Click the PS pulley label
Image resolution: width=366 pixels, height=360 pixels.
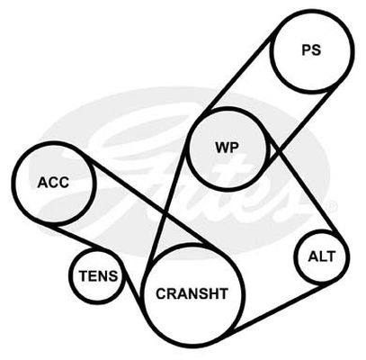click(x=311, y=50)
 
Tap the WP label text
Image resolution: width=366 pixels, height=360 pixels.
click(x=227, y=148)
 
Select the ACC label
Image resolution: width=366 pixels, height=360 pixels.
click(x=53, y=182)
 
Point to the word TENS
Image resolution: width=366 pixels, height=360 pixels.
click(x=98, y=275)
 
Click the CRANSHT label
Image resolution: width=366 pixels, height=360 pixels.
click(x=192, y=293)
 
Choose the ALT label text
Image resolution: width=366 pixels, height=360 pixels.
click(x=322, y=256)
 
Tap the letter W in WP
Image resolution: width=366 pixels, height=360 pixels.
click(x=222, y=148)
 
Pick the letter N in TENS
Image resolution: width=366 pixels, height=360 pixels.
click(x=103, y=275)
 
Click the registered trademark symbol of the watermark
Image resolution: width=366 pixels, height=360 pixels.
click(x=333, y=205)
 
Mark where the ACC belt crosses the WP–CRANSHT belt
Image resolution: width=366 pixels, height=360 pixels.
click(x=165, y=214)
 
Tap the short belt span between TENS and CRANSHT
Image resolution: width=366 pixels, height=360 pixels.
click(x=132, y=283)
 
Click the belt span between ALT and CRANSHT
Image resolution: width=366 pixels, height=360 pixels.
click(x=276, y=307)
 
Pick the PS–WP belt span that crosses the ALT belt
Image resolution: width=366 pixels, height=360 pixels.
click(x=302, y=124)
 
